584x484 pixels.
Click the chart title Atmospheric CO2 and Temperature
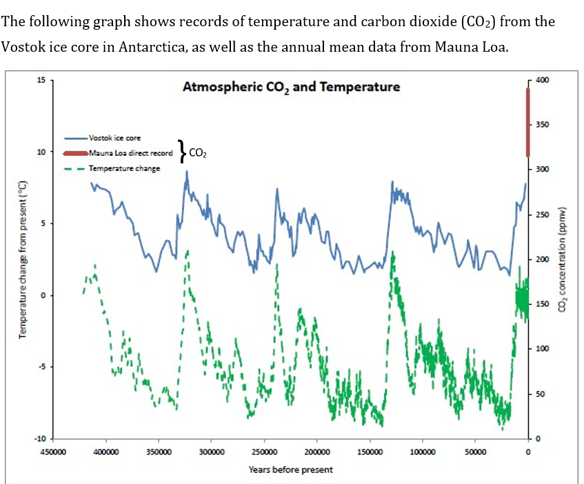[291, 87]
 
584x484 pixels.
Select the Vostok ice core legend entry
[114, 139]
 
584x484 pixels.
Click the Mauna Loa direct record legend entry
[130, 153]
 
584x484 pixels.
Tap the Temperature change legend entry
[123, 168]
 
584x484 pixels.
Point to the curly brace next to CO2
[181, 150]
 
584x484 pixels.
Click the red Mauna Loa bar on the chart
[528, 123]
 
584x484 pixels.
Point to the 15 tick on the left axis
[41, 80]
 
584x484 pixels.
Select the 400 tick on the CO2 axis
[542, 81]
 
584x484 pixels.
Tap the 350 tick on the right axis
[542, 125]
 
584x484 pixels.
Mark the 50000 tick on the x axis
[475, 452]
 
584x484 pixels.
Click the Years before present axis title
[290, 470]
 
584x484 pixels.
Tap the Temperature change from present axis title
[22, 259]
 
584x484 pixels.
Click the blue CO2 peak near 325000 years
[186, 172]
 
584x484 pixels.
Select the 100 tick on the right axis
[542, 349]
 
